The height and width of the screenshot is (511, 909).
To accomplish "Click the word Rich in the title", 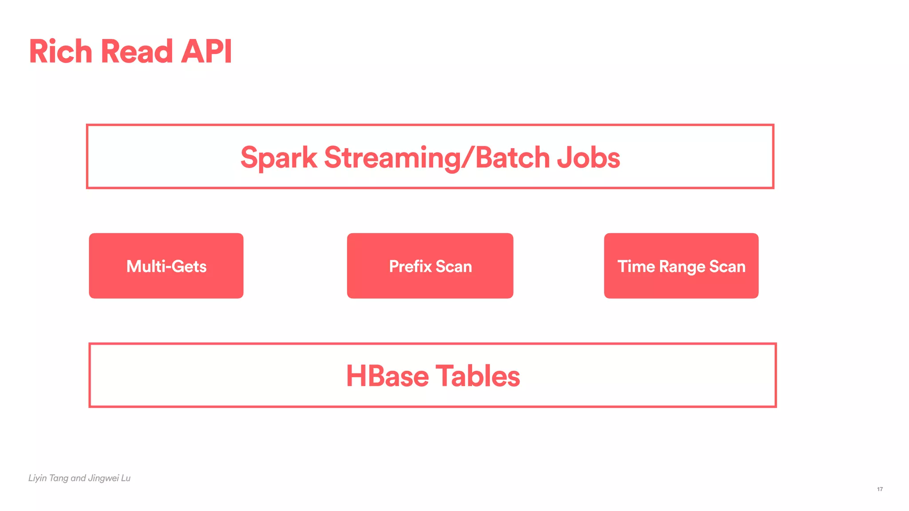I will tap(60, 51).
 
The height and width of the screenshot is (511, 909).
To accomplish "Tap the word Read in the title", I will tap(137, 51).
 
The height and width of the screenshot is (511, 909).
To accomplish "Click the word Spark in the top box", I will tap(279, 157).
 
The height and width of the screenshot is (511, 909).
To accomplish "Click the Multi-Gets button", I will tap(166, 266).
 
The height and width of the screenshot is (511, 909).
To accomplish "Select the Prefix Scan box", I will tap(430, 266).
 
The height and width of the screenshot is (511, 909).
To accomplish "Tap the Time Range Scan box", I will tap(681, 266).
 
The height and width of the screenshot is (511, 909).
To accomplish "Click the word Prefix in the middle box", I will tap(411, 266).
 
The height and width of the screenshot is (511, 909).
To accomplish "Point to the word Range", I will tap(683, 267).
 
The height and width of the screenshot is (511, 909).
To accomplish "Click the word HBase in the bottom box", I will tap(387, 376).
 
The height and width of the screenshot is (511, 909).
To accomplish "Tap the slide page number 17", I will tap(880, 489).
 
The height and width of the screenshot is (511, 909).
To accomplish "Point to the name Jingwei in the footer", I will tap(103, 478).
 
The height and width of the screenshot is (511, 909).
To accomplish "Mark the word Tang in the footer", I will tap(59, 478).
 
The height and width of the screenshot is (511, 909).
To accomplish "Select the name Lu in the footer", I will tap(126, 478).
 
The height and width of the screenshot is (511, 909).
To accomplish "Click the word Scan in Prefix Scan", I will tap(454, 266).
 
